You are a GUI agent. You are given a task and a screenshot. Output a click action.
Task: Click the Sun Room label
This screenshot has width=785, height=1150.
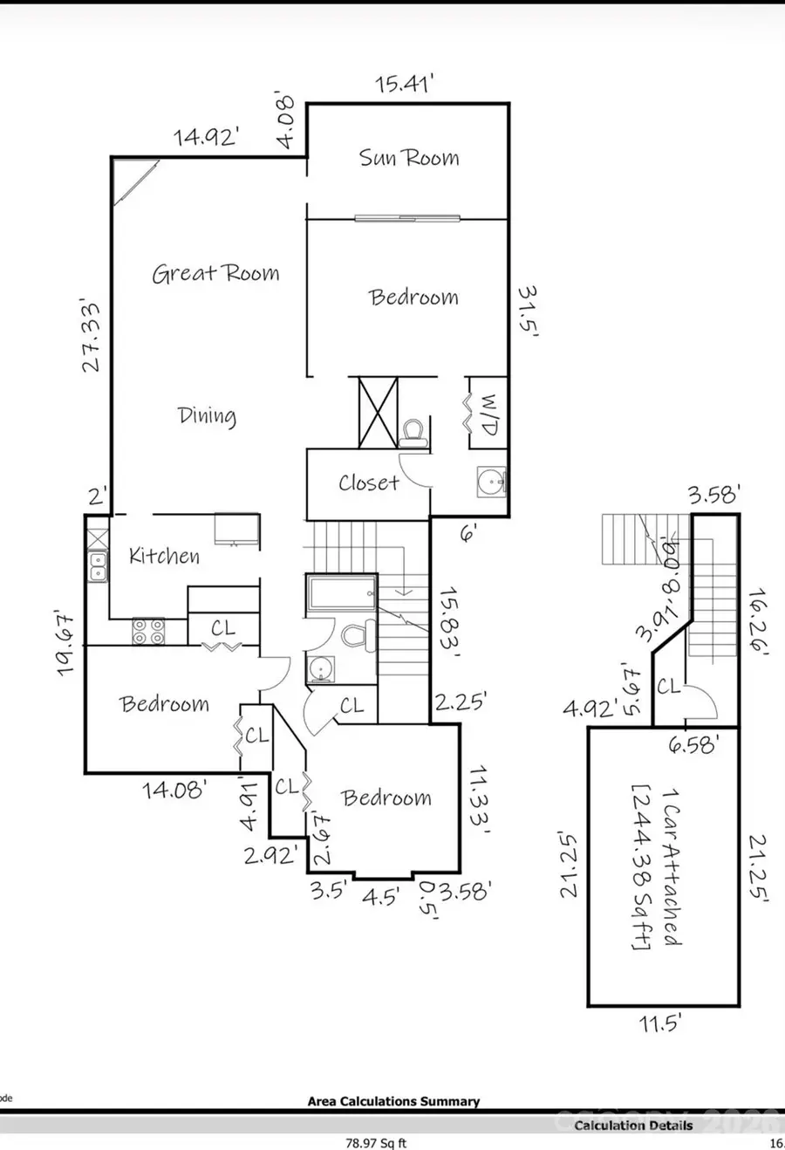408,158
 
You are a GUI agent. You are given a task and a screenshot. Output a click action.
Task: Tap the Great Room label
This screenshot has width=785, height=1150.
215,273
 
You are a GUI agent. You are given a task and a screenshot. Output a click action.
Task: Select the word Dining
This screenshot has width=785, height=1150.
207,416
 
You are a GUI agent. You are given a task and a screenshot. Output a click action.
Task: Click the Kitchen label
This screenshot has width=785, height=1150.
164,556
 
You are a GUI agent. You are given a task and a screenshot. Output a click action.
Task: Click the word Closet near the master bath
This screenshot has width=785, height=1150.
368,483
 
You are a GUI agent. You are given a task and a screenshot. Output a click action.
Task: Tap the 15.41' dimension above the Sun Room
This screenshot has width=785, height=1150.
404,86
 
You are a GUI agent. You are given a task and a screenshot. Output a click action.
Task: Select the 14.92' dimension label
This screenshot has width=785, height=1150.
207,137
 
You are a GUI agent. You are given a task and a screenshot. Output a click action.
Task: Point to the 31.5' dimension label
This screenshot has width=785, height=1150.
527,311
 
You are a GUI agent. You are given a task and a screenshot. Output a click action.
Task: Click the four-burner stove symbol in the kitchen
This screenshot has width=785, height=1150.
147,631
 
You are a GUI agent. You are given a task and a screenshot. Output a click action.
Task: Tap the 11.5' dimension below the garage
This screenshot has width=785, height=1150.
659,1023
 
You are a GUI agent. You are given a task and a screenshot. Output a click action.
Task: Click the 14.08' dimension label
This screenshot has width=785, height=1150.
174,791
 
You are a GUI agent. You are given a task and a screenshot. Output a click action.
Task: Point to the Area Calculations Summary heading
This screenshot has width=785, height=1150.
393,1101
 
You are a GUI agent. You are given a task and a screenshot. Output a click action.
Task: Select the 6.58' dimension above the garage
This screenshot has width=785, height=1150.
693,744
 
